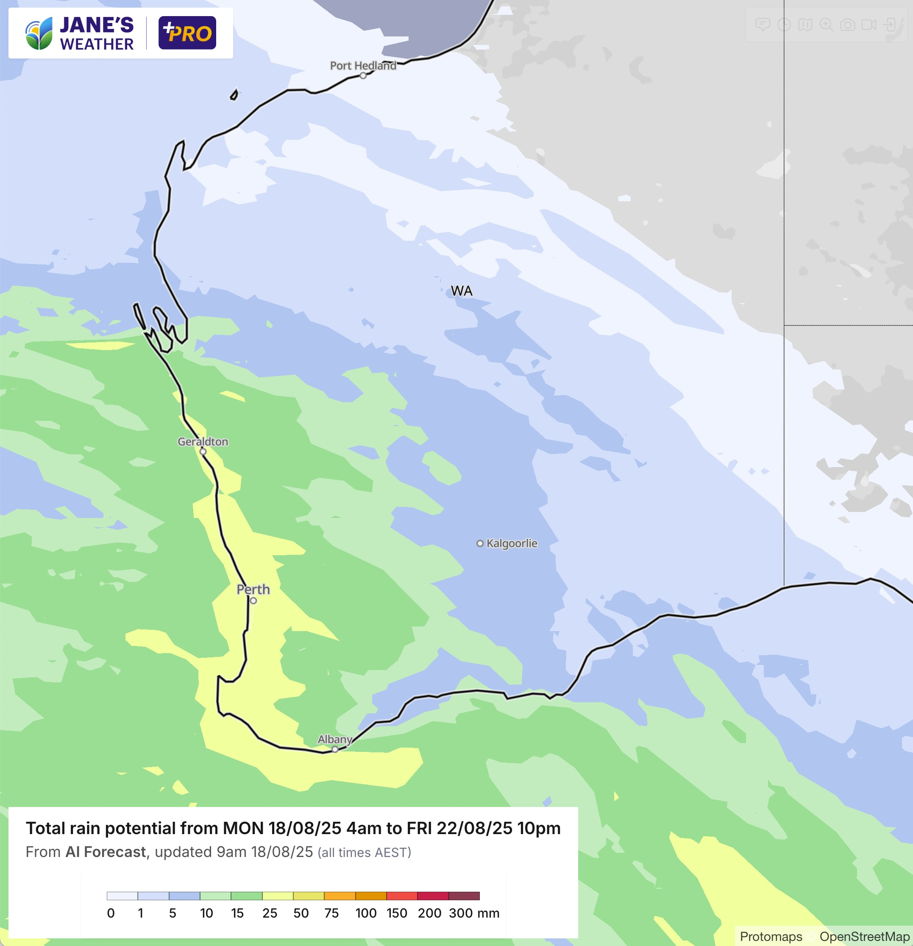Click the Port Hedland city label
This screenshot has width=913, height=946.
363,66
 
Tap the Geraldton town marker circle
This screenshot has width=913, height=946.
203,452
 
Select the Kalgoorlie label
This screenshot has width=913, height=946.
512,543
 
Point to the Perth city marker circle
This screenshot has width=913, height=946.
253,601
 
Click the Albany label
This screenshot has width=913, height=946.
334,740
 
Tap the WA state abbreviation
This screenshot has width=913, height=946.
461,291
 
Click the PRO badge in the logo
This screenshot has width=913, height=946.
187,33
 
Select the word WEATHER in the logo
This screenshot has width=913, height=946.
97,45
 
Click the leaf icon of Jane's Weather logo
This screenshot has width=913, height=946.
39,34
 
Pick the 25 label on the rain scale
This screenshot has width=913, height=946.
270,913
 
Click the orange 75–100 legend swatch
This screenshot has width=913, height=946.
340,896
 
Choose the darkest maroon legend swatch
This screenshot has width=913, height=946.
464,896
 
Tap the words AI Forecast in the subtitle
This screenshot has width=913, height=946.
106,852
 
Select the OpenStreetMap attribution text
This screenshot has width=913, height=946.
864,937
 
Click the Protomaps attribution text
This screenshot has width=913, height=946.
771,937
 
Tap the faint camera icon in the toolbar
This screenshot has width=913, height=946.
847,25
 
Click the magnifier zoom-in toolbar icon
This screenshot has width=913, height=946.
826,25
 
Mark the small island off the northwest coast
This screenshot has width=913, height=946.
234,95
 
